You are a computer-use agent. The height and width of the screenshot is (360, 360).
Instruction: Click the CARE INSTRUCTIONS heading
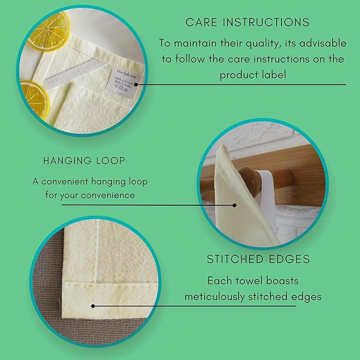pyautogui.click(x=247, y=22)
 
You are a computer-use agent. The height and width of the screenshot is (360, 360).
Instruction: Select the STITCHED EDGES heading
pyautogui.click(x=258, y=260)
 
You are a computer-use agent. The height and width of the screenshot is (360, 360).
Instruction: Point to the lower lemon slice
pyautogui.click(x=33, y=98)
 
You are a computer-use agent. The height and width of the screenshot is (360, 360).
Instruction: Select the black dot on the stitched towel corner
pyautogui.click(x=93, y=305)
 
